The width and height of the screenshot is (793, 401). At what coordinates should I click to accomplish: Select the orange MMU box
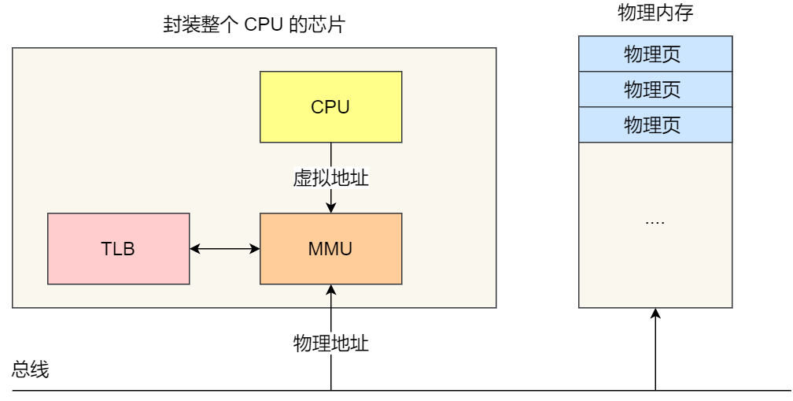(x=330, y=249)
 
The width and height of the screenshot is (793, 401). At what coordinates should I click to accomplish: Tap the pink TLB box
(x=118, y=249)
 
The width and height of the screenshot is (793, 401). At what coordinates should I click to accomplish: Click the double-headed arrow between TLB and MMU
(x=224, y=249)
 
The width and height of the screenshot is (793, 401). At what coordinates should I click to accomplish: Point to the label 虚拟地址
(x=330, y=178)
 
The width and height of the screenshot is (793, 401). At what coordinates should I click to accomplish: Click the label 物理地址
(x=330, y=343)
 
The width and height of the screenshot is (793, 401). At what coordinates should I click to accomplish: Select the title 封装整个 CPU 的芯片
(x=254, y=25)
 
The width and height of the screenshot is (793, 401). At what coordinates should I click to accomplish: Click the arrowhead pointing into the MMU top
(x=331, y=207)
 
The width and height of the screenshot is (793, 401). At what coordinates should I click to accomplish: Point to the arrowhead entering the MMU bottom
(x=331, y=291)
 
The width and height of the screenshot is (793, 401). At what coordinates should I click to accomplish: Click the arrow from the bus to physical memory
(x=655, y=351)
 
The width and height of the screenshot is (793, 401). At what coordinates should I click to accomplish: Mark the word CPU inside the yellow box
(x=330, y=106)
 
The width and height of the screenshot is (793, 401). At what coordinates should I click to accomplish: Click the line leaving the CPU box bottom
(x=331, y=153)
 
